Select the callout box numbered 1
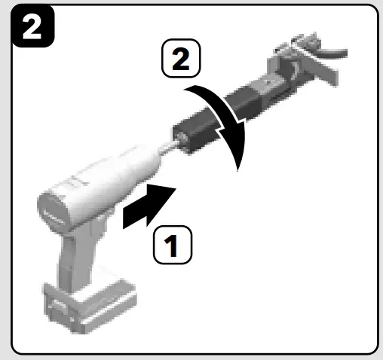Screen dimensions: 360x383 (173, 246)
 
